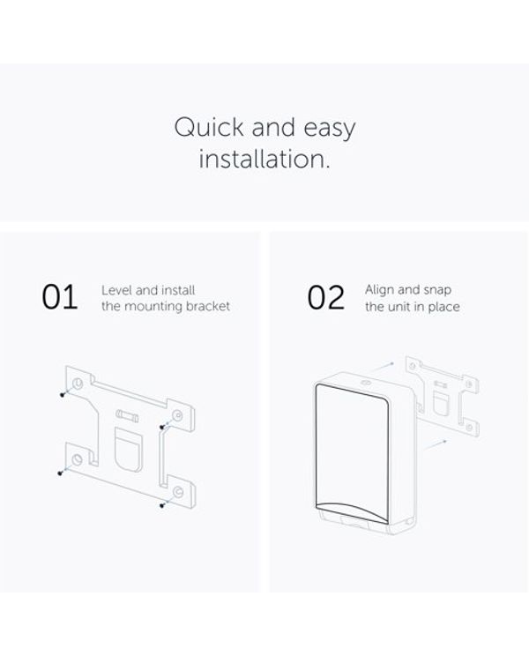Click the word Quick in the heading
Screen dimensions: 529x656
click(209, 127)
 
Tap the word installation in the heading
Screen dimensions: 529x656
click(264, 159)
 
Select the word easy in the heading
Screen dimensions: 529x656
click(330, 129)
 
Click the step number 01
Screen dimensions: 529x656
click(60, 297)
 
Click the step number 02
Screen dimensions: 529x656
click(326, 297)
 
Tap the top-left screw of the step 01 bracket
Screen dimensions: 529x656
click(63, 394)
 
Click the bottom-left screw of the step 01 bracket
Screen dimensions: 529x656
click(60, 473)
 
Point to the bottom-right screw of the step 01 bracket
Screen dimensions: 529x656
click(162, 506)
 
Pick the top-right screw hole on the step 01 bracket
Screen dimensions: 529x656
click(178, 416)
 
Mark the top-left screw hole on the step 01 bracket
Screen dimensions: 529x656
click(78, 384)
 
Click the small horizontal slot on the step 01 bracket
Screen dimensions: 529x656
click(127, 415)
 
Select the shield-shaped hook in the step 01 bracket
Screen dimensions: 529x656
click(129, 450)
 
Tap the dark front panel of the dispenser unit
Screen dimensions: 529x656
click(352, 453)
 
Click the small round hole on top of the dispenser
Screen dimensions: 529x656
click(367, 383)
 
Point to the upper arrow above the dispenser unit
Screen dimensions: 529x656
click(383, 368)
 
